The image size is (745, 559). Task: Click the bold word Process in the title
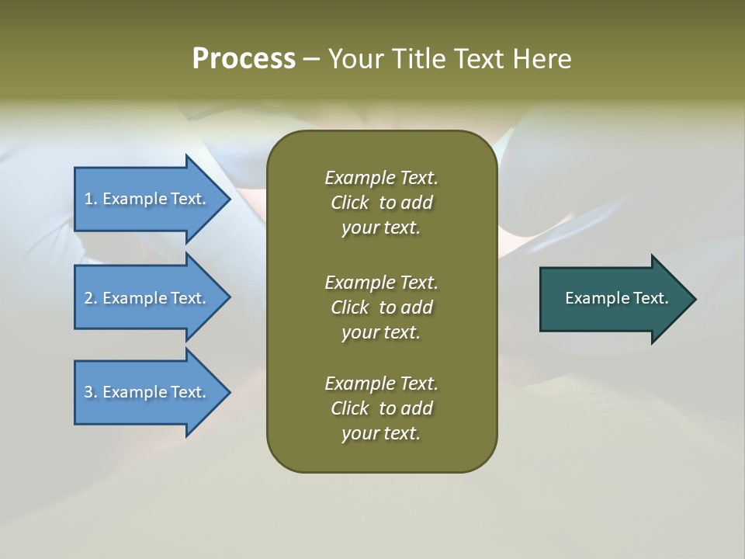[244, 59]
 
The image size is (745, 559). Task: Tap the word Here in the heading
[542, 59]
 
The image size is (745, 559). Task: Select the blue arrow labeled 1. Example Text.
[147, 199]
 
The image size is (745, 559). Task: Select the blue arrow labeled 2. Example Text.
[147, 298]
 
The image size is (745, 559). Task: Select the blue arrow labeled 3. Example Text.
[147, 392]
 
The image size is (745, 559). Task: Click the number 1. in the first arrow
[90, 199]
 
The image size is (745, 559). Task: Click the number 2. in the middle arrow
[90, 298]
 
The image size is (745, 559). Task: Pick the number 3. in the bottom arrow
[90, 392]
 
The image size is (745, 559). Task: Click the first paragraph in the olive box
[381, 203]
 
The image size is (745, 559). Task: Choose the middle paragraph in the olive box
[381, 307]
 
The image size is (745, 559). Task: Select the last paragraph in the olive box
[381, 408]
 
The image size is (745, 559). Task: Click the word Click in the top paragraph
[349, 203]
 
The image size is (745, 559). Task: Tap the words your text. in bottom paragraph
[381, 433]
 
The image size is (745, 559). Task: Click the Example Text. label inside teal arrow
[616, 298]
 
